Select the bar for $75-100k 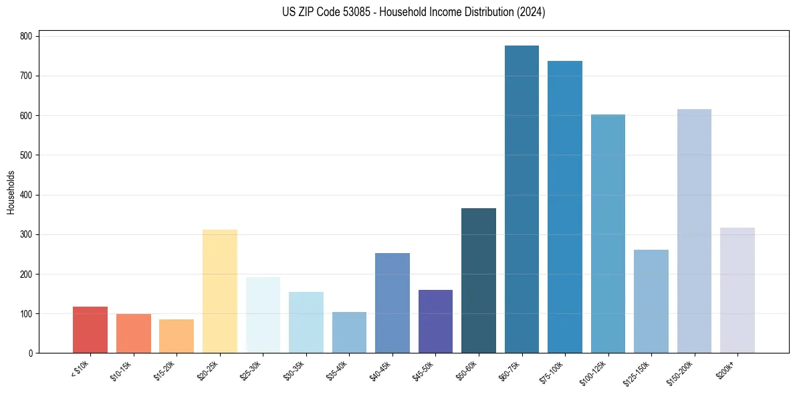[x=565, y=207]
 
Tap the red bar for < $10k [x=90, y=330]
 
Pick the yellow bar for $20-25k [x=220, y=291]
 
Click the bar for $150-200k [x=694, y=231]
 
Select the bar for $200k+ [x=737, y=291]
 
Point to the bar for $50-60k [x=479, y=281]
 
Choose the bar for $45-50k [x=435, y=321]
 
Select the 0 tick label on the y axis [x=31, y=353]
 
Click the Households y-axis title [x=11, y=192]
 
